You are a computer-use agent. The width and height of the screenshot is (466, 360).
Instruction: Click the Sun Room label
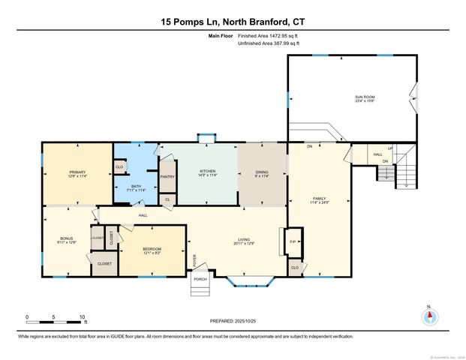[365, 99]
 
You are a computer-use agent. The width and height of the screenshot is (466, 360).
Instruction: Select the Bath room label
[137, 188]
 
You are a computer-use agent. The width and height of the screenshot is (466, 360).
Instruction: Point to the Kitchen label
[207, 172]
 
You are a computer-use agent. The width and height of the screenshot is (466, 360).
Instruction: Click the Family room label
[319, 200]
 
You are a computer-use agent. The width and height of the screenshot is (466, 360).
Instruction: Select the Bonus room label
[67, 241]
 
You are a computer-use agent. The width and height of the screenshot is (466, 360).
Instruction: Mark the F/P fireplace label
[293, 242]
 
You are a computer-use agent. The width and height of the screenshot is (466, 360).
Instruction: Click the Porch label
[200, 280]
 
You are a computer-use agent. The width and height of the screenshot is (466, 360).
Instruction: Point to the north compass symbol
[429, 316]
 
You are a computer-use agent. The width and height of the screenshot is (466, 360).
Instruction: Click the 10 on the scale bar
[83, 316]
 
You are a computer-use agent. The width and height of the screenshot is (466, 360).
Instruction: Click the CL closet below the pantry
[167, 199]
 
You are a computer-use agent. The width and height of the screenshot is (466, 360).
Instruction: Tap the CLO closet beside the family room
[295, 268]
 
